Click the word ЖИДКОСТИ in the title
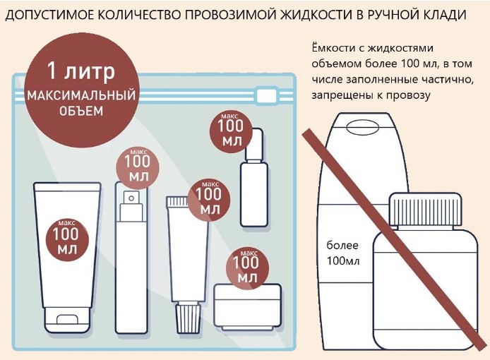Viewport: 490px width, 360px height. pyautogui.click(x=316, y=15)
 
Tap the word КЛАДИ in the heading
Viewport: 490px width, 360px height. pyautogui.click(x=442, y=16)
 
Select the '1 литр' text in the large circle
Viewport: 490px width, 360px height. pyautogui.click(x=81, y=71)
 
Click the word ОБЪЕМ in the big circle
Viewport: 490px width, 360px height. pyautogui.click(x=81, y=111)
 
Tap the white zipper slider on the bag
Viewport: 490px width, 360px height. pyautogui.click(x=266, y=95)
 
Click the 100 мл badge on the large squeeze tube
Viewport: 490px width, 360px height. pyautogui.click(x=67, y=240)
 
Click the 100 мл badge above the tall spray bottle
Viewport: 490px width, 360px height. pyautogui.click(x=138, y=167)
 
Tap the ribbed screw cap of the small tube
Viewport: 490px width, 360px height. pyautogui.click(x=188, y=317)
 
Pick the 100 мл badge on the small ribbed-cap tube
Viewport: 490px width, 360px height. pyautogui.click(x=208, y=200)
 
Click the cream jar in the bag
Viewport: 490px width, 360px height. pyautogui.click(x=247, y=306)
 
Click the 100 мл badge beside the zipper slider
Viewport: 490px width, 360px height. pyautogui.click(x=231, y=132)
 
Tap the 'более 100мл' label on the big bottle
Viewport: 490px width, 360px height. pyautogui.click(x=343, y=253)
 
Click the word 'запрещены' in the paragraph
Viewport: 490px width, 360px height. pyautogui.click(x=342, y=95)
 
